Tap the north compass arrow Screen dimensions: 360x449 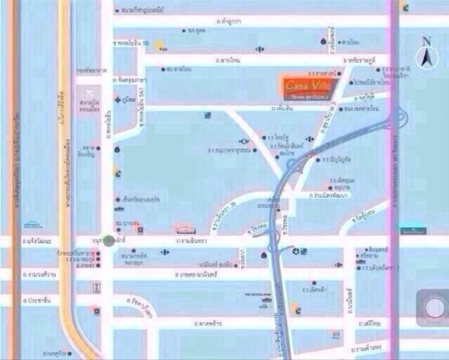coord(425,55)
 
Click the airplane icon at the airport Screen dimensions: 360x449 coord(89,93)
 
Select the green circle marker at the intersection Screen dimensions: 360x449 coord(108,241)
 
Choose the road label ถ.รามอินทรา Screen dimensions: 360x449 coord(189,241)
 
